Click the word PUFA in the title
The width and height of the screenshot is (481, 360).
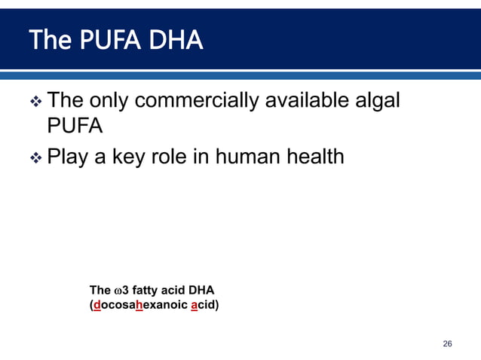point(106,41)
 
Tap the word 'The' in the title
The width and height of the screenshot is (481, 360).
point(48,41)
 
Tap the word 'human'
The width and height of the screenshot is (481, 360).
point(249,157)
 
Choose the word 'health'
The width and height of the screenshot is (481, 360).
point(317,157)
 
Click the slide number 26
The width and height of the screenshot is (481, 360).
point(447,344)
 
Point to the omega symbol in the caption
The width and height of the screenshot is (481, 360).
point(117,291)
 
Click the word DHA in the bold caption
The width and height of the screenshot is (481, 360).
point(201,291)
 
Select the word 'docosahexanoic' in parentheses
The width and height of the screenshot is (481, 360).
point(139,305)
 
